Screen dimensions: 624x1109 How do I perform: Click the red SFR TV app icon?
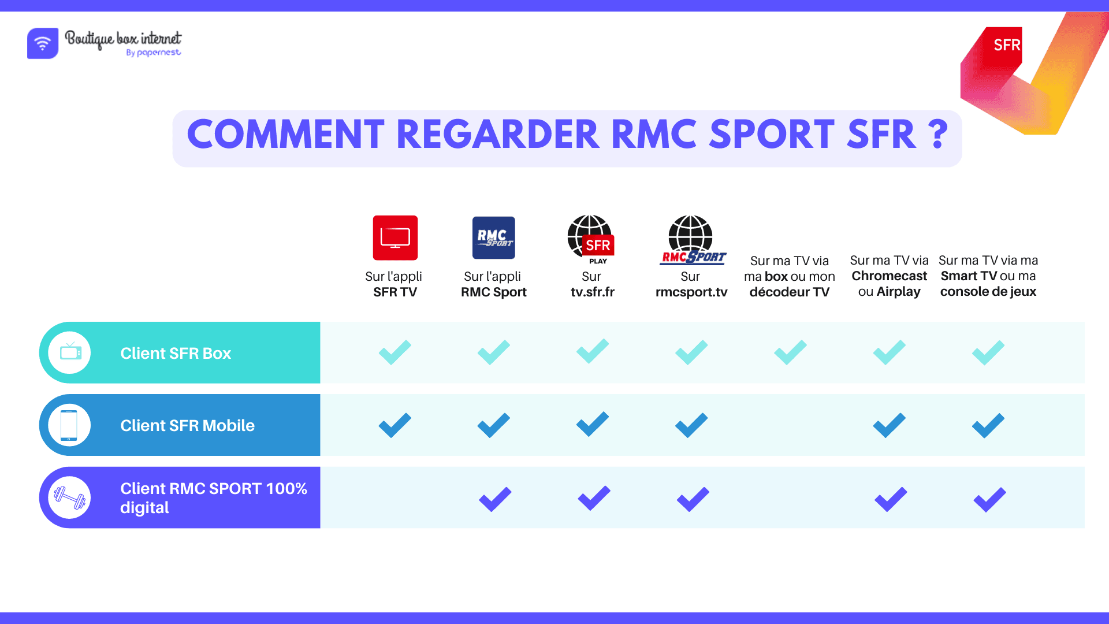coord(395,237)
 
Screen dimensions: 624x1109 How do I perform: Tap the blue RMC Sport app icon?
coord(493,237)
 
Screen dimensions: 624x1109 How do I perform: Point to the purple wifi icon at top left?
coord(43,43)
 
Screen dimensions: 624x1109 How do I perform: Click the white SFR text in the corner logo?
coord(1006,45)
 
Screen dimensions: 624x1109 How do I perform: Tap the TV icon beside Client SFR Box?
coord(70,352)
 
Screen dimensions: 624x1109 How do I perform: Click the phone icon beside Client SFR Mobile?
coord(69,425)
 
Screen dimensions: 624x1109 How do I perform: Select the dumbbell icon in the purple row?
coord(69,497)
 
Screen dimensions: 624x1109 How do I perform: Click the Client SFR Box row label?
coord(176,353)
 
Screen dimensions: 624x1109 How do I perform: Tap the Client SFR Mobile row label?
coord(187,425)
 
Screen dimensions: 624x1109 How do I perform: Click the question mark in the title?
coord(939,135)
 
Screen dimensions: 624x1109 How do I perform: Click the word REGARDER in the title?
coord(498,135)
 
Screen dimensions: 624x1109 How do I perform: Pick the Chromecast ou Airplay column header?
coord(889,276)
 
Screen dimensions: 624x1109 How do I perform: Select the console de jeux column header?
coord(988,276)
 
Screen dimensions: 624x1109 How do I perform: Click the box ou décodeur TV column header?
coord(789,277)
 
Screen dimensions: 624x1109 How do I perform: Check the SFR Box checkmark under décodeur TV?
coord(790,352)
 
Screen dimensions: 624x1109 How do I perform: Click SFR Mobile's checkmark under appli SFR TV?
coord(395,425)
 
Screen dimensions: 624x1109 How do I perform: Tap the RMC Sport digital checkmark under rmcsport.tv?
coord(693,499)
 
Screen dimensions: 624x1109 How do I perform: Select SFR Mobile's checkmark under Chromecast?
coord(889,425)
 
